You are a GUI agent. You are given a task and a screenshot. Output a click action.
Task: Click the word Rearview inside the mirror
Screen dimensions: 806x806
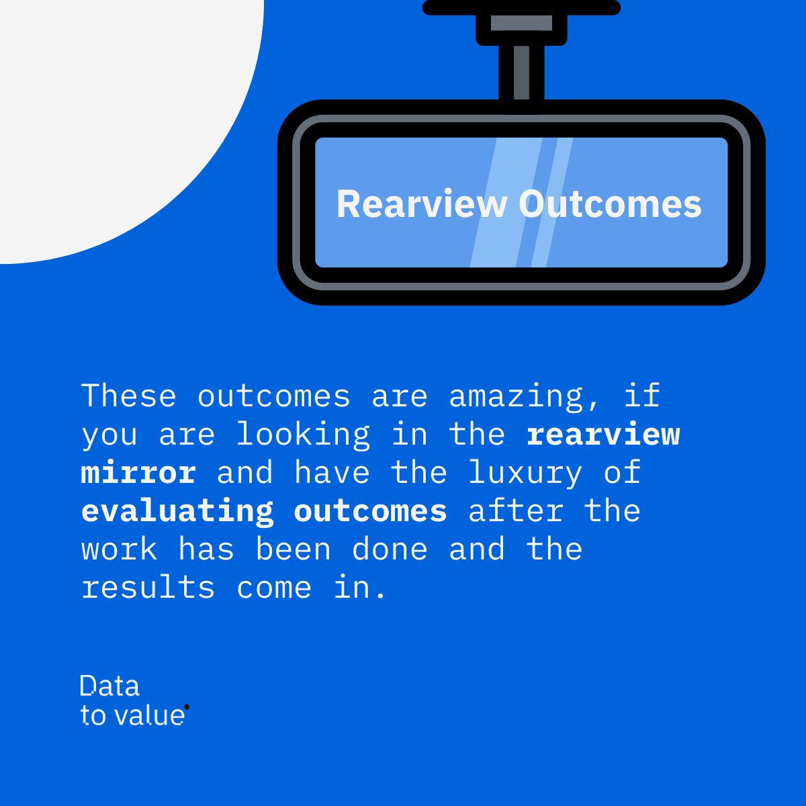tap(421, 204)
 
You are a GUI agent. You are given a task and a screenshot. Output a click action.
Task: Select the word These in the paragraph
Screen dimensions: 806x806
tap(129, 396)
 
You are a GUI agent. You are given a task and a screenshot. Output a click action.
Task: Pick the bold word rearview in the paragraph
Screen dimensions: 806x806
tap(603, 435)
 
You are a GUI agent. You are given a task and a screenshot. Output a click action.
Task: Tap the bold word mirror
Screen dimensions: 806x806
tap(138, 472)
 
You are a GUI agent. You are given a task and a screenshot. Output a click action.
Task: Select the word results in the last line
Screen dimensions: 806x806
tap(148, 588)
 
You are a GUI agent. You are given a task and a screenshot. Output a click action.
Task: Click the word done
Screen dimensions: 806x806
tap(390, 549)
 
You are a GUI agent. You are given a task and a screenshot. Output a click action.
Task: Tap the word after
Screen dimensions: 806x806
tap(516, 511)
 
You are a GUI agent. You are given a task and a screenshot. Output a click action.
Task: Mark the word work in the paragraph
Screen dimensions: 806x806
tap(120, 550)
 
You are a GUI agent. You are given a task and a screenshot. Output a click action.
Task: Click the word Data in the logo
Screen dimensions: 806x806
tap(109, 686)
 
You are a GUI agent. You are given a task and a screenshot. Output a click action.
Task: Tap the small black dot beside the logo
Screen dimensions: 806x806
tap(186, 707)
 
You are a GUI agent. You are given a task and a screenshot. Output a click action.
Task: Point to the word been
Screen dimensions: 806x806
tap(294, 549)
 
